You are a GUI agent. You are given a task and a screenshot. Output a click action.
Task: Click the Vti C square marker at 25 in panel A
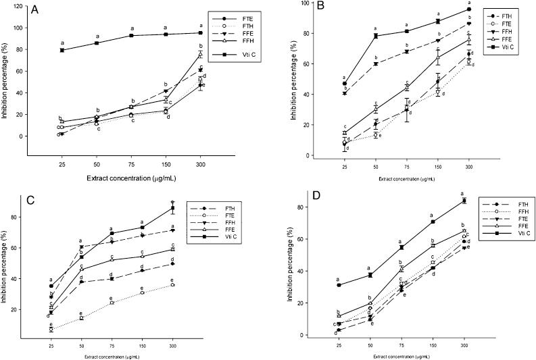coord(62,50)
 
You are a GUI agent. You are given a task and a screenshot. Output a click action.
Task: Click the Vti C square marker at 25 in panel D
coord(338,285)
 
